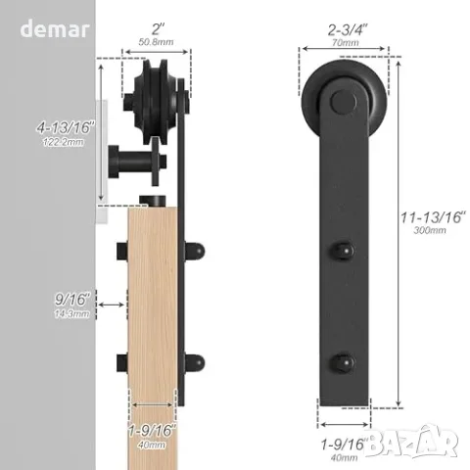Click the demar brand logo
pyautogui.click(x=55, y=28)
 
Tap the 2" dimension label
pyautogui.click(x=158, y=29)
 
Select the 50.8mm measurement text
pyautogui.click(x=156, y=42)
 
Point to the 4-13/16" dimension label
pyautogui.click(x=65, y=127)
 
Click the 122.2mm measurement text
pyautogui.click(x=64, y=142)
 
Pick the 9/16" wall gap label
pyautogui.click(x=72, y=300)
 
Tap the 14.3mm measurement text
pyautogui.click(x=71, y=314)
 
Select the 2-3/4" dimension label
pyautogui.click(x=348, y=30)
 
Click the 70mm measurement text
pyautogui.click(x=346, y=42)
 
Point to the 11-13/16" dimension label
pyautogui.click(x=433, y=217)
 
